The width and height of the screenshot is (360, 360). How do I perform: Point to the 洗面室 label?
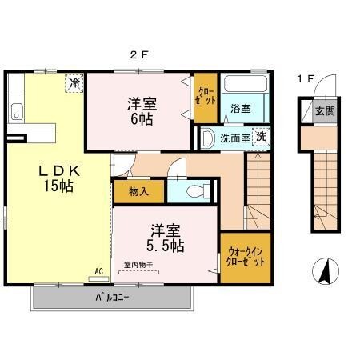pos(236,138)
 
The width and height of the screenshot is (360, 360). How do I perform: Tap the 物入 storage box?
pos(138,192)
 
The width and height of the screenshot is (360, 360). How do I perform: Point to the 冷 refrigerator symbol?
pos(74,82)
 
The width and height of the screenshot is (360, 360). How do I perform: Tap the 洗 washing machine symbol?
pos(261,137)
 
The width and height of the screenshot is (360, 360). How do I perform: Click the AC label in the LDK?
pos(100,270)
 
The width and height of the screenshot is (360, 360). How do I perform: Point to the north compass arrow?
pos(326,272)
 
